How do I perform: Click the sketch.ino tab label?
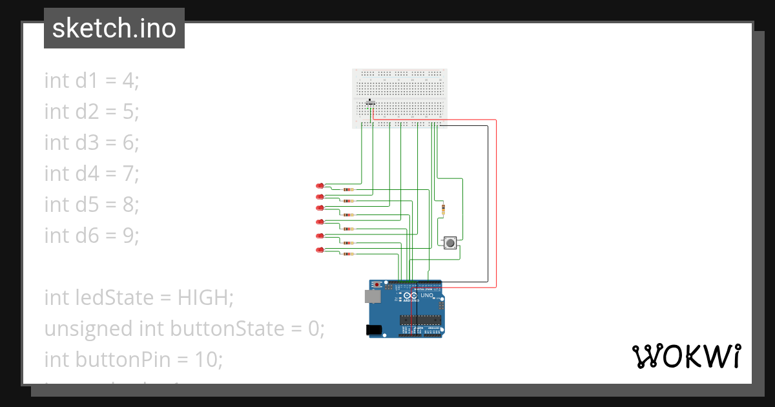114,28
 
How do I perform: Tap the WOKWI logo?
685,357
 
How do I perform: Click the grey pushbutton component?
450,243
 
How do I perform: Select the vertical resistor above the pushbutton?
443,209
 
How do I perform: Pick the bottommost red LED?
320,250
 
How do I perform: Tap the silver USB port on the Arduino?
373,297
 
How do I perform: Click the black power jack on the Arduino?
373,329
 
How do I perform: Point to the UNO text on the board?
427,296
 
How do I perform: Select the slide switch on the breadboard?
370,102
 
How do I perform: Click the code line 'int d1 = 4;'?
92,81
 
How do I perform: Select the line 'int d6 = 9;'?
92,235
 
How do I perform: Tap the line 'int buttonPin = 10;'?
133,359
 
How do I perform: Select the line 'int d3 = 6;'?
92,142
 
